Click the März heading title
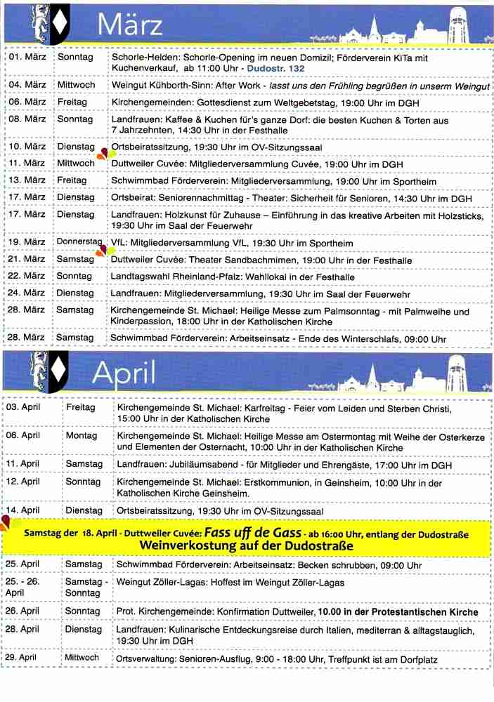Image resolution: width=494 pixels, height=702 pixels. (x=131, y=25)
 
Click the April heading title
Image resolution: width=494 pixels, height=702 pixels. (x=124, y=373)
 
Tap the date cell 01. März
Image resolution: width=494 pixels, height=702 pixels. (x=27, y=56)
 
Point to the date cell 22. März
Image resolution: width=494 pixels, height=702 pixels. (x=27, y=276)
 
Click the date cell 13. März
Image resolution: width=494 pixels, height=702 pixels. (x=27, y=180)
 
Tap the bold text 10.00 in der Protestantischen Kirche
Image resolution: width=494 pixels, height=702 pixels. (x=398, y=612)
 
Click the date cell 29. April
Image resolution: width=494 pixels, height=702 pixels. (x=23, y=658)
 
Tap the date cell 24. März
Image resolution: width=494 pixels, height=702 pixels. (x=27, y=292)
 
